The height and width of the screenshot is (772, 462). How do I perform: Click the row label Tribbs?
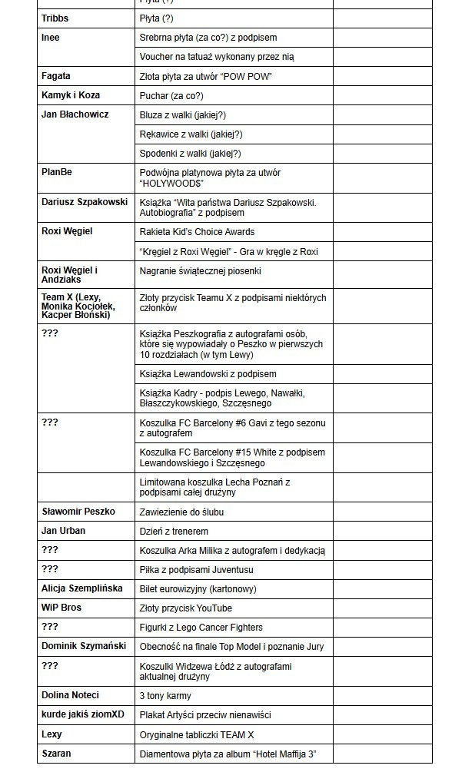(54, 18)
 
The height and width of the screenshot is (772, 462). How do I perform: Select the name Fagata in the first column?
(55, 76)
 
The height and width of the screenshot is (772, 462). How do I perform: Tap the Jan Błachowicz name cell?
(75, 114)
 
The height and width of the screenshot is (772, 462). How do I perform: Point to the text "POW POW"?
(250, 76)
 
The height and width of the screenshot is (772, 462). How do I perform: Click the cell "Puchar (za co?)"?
(171, 96)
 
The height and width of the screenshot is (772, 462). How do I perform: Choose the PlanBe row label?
(56, 172)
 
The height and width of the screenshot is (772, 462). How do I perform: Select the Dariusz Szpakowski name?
(85, 202)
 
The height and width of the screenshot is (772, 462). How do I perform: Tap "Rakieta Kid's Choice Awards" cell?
(197, 231)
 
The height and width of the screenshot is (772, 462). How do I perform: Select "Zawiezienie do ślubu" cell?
(181, 512)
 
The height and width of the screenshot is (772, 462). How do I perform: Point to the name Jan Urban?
(63, 531)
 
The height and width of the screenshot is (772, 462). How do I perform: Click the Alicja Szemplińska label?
(82, 588)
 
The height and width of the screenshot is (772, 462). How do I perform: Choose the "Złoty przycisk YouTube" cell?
(185, 608)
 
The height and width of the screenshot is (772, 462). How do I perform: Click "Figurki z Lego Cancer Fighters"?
(201, 627)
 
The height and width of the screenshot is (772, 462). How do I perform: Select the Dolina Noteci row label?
(70, 695)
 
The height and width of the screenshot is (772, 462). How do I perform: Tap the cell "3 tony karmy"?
(165, 695)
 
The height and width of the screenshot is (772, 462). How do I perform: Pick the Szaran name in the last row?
(56, 754)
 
